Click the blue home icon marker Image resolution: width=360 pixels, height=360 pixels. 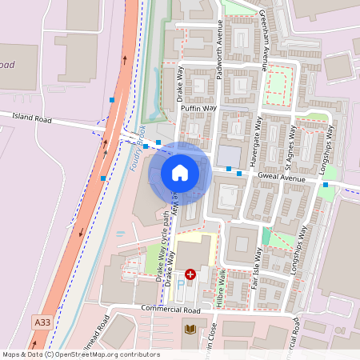pos(180,173)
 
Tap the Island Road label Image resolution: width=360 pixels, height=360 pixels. pos(32,118)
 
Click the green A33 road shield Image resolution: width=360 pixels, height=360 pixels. pos(43,322)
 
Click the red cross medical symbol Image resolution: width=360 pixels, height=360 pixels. pos(190,274)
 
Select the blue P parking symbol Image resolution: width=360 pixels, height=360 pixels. pos(181,284)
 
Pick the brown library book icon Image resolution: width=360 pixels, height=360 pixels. pos(190,330)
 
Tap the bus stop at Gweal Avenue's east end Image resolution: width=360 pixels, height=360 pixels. pos(326,186)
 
